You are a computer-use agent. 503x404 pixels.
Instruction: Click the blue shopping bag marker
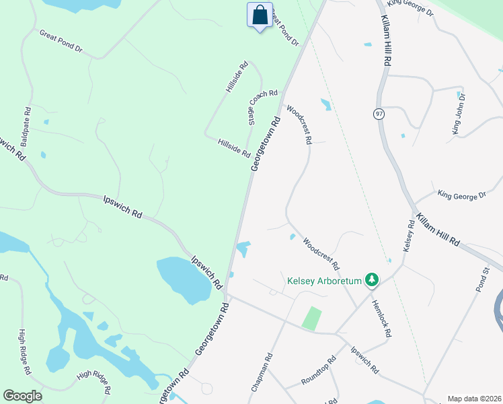260,15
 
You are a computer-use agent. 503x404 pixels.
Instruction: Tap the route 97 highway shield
379,113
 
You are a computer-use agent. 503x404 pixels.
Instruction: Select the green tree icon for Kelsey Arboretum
371,279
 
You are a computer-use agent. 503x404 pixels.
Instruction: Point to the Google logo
22,395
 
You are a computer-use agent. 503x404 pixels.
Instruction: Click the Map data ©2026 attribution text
473,399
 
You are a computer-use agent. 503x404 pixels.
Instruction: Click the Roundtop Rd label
319,370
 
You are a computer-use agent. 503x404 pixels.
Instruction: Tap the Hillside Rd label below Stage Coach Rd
234,147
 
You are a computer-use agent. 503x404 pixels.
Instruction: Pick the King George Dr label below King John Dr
461,195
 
